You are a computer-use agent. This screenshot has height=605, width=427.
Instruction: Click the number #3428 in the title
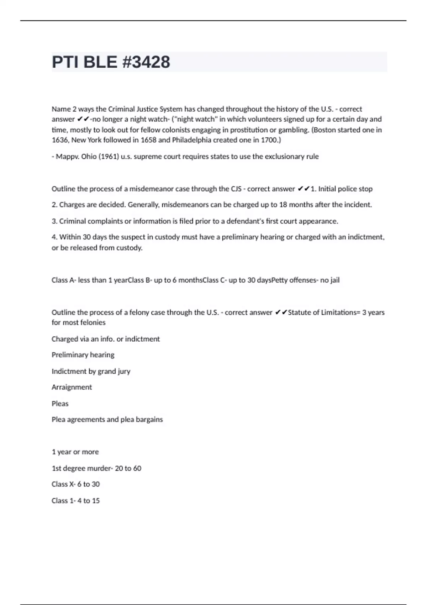click(146, 62)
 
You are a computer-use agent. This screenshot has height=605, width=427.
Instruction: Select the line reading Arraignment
click(72, 387)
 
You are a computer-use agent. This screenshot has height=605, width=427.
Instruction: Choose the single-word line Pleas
click(60, 404)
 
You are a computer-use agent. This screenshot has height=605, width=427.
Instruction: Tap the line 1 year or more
click(75, 452)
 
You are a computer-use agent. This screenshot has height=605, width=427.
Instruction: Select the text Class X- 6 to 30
click(75, 484)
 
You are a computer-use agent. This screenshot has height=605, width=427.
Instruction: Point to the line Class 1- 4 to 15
click(75, 501)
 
